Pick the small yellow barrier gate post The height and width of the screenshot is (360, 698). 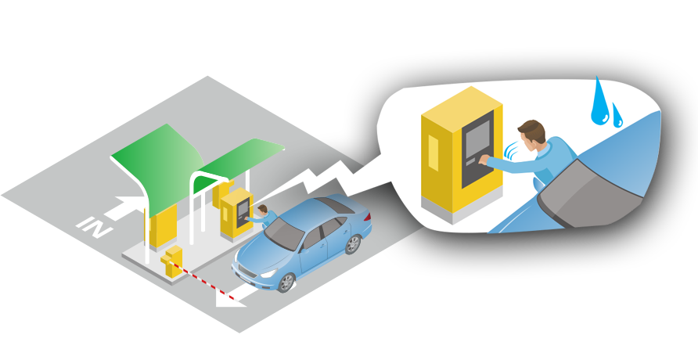pos(171,261)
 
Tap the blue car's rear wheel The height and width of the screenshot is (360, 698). pos(353,243)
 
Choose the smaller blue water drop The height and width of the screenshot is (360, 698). pos(617,117)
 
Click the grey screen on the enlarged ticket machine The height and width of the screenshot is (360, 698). pos(476,142)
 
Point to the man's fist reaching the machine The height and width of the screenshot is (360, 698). pos(487,160)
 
